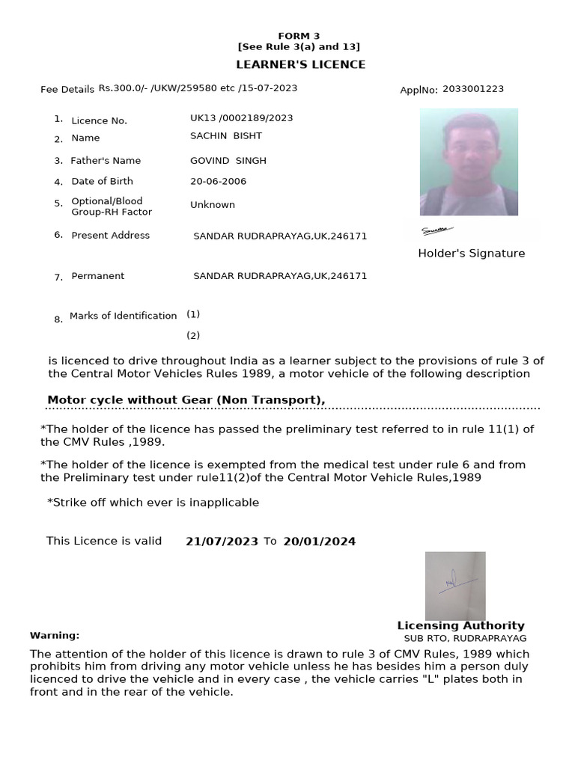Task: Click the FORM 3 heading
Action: [299, 36]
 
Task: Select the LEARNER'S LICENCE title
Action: [301, 64]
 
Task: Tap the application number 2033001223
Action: [473, 89]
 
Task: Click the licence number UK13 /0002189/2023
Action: [242, 118]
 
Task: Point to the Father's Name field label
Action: [106, 161]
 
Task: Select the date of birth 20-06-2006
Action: [218, 182]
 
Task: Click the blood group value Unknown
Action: [213, 205]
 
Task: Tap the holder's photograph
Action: [469, 162]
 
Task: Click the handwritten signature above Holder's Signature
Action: [437, 230]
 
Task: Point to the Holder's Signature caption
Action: [471, 254]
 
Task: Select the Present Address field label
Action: [110, 236]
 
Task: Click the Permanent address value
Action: [280, 276]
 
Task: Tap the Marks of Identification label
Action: [123, 316]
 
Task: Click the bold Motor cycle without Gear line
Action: [186, 400]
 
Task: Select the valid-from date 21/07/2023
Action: [222, 542]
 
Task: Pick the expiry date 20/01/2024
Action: [319, 542]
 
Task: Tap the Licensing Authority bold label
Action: [460, 626]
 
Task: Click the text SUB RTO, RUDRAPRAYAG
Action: [465, 639]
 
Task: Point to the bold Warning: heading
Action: [55, 636]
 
